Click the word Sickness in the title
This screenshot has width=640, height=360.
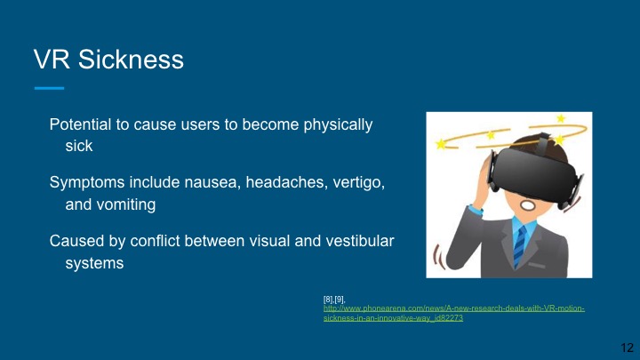coord(132,60)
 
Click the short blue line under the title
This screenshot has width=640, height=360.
coord(49,88)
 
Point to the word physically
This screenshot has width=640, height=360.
coord(334,124)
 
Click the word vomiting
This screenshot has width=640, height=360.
coord(126,204)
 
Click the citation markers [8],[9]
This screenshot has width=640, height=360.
coord(334,300)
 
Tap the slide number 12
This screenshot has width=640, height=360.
coord(625,347)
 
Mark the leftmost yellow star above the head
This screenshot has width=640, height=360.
coord(441,143)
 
